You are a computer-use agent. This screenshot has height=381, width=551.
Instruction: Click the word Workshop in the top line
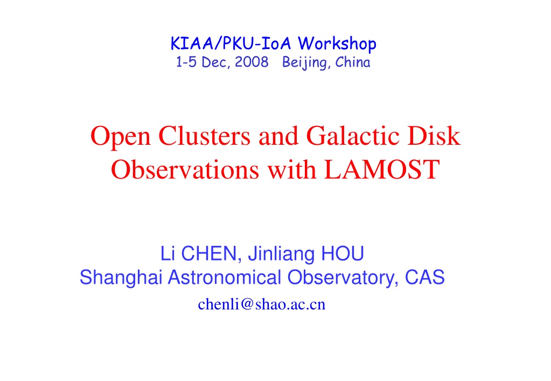337,44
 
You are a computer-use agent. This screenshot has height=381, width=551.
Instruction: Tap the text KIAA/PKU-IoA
231,44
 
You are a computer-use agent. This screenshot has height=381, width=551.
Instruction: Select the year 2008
251,62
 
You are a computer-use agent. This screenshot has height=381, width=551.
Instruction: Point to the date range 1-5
186,62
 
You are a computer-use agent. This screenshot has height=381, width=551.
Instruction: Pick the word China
352,62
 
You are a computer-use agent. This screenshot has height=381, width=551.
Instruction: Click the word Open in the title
121,137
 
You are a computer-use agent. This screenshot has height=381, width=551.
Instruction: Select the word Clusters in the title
204,136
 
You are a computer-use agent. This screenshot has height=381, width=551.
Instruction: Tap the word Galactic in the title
353,136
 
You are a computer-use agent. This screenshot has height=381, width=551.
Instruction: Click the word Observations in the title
185,170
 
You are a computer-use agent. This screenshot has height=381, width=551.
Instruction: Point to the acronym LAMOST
381,170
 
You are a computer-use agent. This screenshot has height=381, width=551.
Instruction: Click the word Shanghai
121,278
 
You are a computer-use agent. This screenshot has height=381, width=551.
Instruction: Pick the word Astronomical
224,278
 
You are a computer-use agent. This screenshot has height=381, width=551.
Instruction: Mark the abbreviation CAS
424,278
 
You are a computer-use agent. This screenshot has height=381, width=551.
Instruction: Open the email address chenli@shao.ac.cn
261,305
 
